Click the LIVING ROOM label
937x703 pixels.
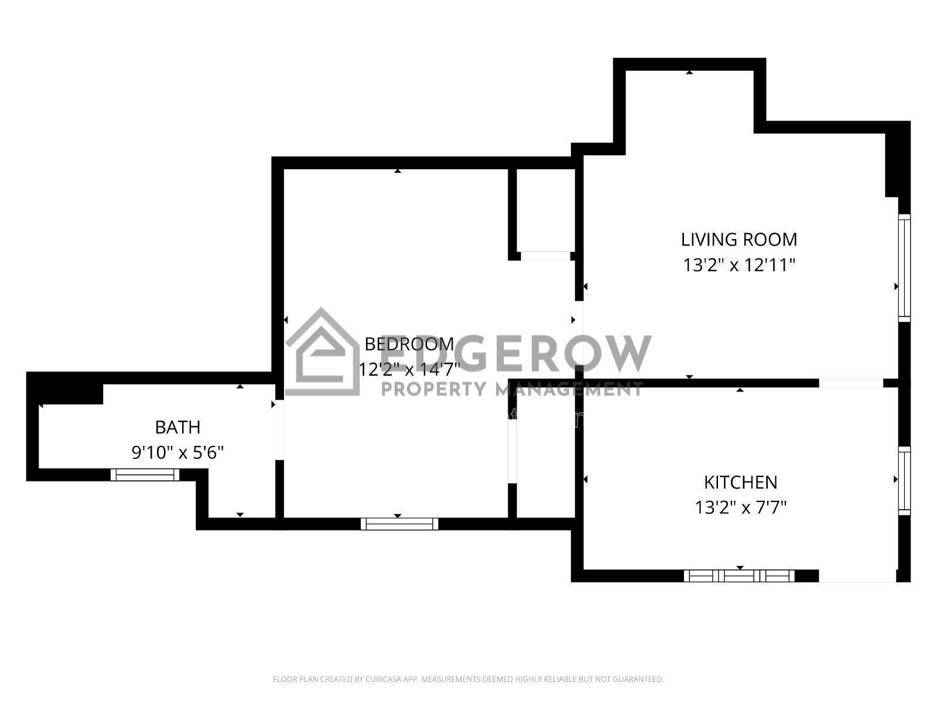[739, 240]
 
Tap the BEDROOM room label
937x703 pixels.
[409, 344]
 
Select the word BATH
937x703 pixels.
[177, 427]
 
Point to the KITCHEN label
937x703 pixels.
[741, 483]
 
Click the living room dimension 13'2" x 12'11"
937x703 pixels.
[739, 265]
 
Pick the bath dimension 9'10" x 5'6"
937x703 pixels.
[177, 452]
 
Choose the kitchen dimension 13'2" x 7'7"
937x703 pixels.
[741, 508]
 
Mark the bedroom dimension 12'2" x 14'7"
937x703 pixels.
[409, 369]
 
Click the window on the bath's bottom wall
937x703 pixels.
[145, 475]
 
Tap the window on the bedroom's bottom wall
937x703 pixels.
[399, 524]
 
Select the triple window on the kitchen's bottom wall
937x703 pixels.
[740, 576]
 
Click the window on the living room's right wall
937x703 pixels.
[904, 268]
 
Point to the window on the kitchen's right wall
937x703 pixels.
[904, 481]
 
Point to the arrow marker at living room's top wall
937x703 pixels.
[689, 73]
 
